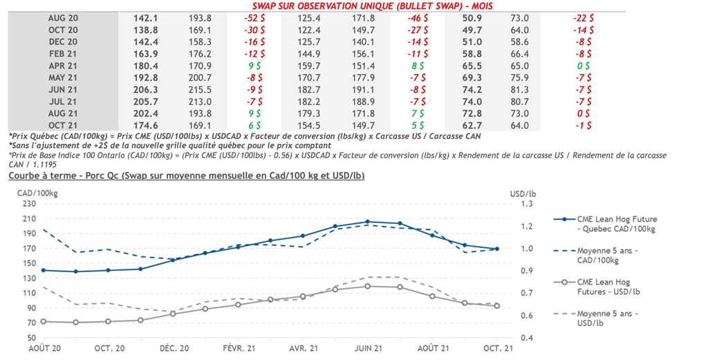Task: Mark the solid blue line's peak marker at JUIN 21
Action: click(x=367, y=222)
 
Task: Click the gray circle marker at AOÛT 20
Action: click(x=44, y=321)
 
